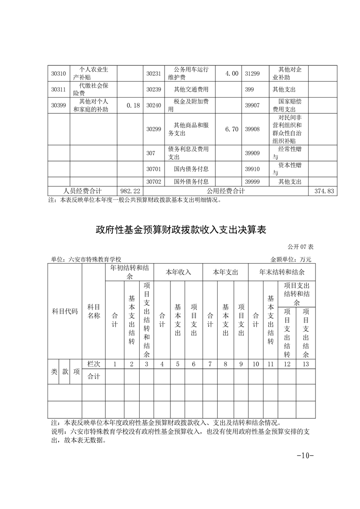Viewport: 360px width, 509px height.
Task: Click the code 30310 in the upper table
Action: [58, 73]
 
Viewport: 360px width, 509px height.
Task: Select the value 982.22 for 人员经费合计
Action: [130, 191]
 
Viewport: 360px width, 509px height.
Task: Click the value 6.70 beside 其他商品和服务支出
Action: [232, 129]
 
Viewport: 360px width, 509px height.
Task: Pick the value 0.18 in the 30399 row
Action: [133, 105]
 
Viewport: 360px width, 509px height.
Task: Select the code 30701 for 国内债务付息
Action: [154, 169]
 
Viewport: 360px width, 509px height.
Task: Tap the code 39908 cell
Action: [252, 129]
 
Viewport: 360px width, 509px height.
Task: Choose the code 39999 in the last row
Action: [252, 182]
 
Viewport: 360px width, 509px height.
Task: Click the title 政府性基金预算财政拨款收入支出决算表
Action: [180, 230]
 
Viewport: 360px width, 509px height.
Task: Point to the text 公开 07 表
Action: [300, 247]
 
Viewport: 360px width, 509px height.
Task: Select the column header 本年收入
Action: [178, 273]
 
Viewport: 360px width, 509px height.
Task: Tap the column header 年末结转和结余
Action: [282, 273]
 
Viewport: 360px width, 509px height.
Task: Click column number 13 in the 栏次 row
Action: [306, 364]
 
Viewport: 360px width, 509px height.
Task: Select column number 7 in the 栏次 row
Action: [210, 364]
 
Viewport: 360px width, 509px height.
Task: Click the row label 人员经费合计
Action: [83, 191]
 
